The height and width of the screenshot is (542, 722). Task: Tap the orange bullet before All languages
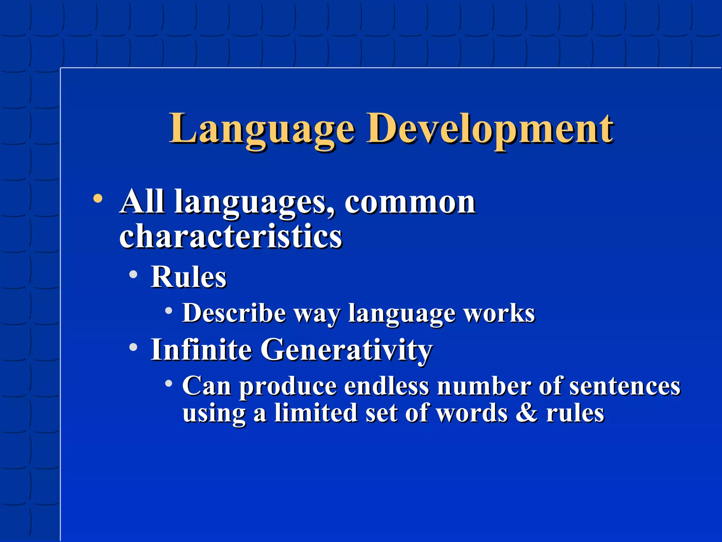pyautogui.click(x=98, y=199)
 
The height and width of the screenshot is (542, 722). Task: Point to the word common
pyautogui.click(x=410, y=203)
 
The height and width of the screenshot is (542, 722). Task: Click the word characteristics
pyautogui.click(x=231, y=236)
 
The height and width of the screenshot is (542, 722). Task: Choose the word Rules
pyautogui.click(x=189, y=277)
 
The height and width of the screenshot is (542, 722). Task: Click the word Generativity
pyautogui.click(x=346, y=350)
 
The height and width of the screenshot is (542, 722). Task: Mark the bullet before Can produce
pyautogui.click(x=169, y=383)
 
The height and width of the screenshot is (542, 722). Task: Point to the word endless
pyautogui.click(x=386, y=386)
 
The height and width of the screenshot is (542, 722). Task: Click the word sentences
pyautogui.click(x=625, y=386)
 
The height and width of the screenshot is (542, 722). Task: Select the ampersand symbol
pyautogui.click(x=527, y=413)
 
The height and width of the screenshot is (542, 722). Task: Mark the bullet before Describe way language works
pyautogui.click(x=169, y=311)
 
